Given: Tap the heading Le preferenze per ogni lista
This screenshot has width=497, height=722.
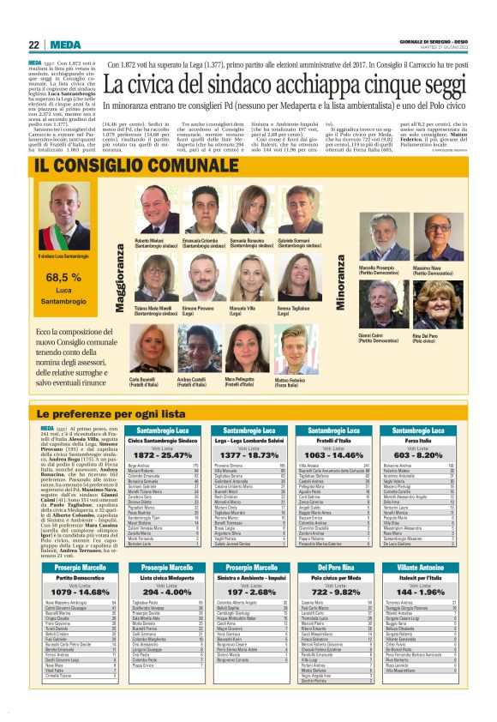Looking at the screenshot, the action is (x=111, y=414).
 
